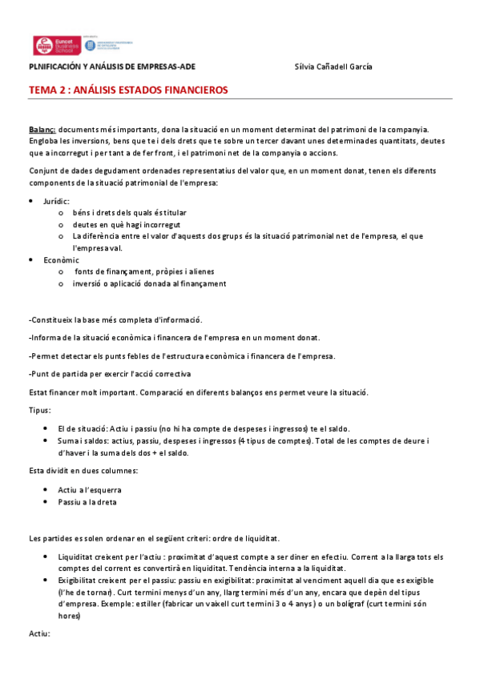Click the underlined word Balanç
42,130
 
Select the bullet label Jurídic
56,201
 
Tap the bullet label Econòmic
61,260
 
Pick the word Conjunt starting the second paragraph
44,171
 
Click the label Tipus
39,410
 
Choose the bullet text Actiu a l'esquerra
89,488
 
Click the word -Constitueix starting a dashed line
52,319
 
